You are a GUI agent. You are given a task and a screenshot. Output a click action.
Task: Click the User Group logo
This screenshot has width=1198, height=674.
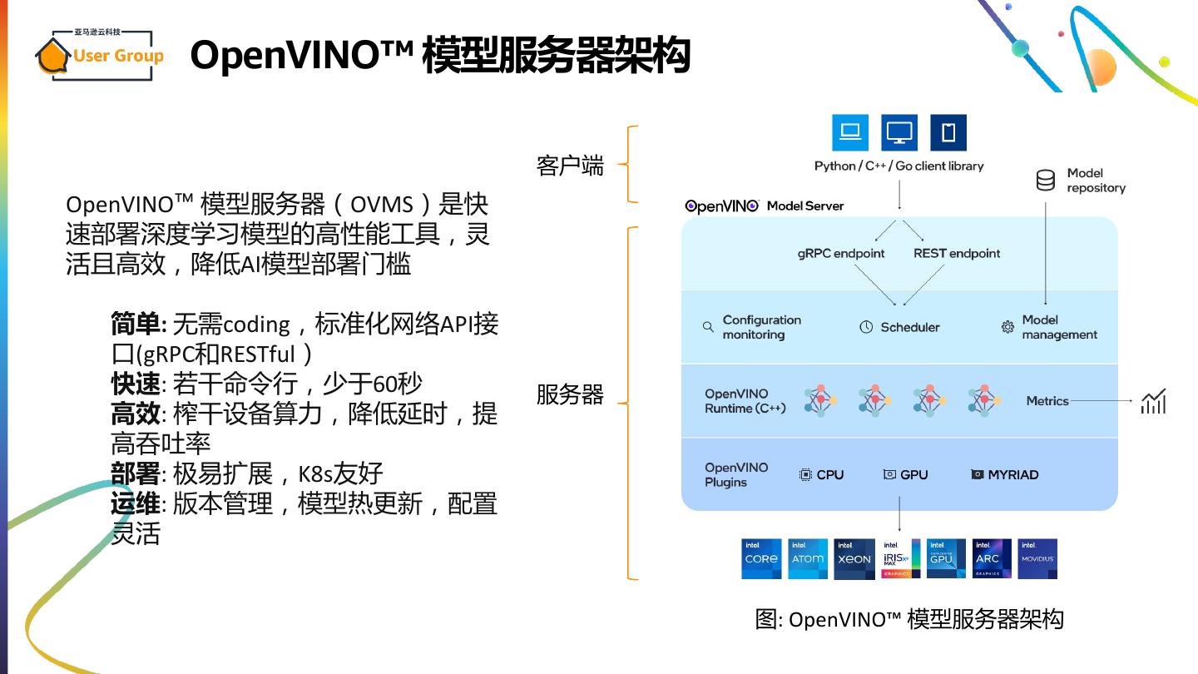[100, 55]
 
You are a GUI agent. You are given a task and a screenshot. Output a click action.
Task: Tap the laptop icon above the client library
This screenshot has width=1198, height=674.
[850, 132]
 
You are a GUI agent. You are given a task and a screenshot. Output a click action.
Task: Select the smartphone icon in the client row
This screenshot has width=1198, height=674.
[948, 132]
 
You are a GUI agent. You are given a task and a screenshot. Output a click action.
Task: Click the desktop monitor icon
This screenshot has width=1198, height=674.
[899, 132]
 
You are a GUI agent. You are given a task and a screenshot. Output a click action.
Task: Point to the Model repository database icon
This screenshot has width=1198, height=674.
[1046, 180]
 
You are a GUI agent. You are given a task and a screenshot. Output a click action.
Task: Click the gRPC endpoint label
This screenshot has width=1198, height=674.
[840, 253]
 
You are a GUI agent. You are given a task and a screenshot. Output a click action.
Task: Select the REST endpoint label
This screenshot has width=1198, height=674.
[957, 253]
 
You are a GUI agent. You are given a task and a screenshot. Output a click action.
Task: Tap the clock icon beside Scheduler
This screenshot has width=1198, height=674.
[866, 327]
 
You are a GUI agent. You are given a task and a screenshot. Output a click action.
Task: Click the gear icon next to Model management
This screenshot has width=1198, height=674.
[1007, 327]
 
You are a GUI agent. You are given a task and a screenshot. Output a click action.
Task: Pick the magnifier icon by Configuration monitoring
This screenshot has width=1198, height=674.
[708, 327]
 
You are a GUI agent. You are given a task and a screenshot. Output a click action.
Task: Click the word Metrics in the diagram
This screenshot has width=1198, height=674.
[1047, 401]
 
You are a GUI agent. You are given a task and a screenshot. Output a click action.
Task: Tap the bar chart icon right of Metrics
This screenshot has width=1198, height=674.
[1153, 401]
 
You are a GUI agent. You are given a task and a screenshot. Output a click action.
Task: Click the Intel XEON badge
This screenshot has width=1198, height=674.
[854, 558]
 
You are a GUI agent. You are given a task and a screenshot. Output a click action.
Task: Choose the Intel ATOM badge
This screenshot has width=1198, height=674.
[808, 558]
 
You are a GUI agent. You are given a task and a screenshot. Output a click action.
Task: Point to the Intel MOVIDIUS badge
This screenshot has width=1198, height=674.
[1037, 558]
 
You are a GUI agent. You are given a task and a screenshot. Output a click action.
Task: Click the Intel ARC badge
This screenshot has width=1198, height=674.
[992, 558]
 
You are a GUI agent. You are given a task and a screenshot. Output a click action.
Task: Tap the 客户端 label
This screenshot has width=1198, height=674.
[570, 166]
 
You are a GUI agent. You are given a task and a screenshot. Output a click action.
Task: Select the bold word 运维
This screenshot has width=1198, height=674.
[135, 503]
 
